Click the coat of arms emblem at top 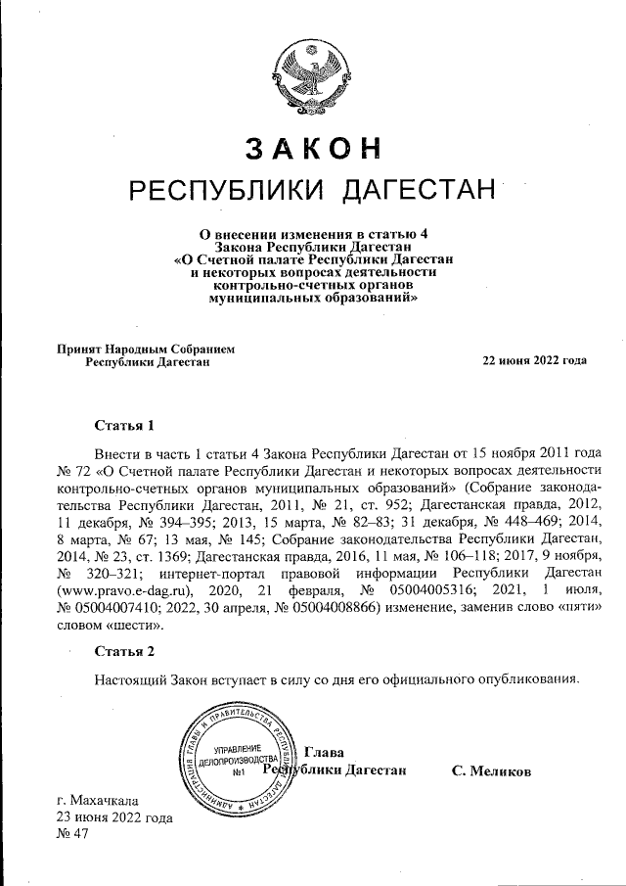(312, 72)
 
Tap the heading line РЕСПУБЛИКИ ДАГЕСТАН (312, 189)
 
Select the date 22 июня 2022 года (534, 360)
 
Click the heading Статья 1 (124, 426)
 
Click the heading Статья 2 (124, 650)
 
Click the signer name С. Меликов (491, 771)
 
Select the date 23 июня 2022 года (114, 816)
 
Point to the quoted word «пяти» (574, 606)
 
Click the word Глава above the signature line (325, 752)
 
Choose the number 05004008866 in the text (335, 606)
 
